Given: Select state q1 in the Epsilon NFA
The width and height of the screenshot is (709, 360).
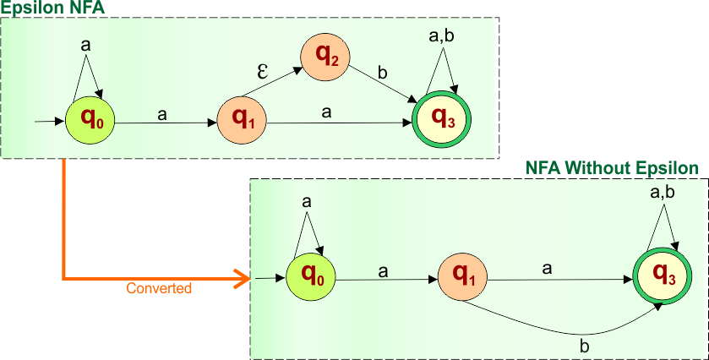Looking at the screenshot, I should [242, 121].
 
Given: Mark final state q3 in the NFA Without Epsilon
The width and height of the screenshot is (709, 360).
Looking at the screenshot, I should [662, 276].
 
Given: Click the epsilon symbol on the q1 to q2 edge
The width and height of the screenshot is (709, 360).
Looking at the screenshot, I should [263, 71].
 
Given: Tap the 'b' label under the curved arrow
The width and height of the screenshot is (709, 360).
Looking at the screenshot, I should [583, 346].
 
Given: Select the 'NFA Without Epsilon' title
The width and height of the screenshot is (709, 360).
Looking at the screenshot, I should [613, 168].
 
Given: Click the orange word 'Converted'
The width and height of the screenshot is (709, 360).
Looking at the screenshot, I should [159, 288].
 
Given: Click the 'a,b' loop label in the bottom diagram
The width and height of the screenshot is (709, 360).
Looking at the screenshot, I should [662, 193].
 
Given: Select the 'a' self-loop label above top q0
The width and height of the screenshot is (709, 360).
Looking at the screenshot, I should [85, 46].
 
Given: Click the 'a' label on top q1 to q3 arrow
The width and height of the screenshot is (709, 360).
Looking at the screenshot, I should [325, 111].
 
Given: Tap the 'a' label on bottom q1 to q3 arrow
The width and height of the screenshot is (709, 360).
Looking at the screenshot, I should [547, 269].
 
